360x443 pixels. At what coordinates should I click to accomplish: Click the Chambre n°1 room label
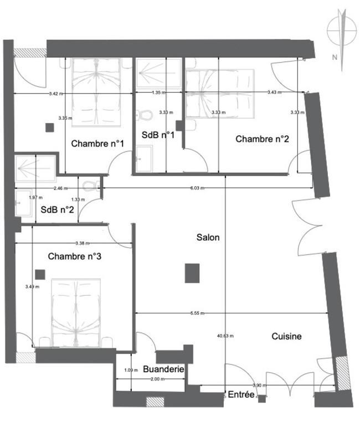pyautogui.click(x=97, y=143)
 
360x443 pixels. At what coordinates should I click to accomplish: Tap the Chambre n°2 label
pyautogui.click(x=262, y=139)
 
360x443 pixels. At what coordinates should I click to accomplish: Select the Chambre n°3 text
pyautogui.click(x=74, y=256)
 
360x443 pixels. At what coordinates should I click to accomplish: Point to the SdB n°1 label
pyautogui.click(x=158, y=135)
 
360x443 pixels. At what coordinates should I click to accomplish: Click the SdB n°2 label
pyautogui.click(x=58, y=210)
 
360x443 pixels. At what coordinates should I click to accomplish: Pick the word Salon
pyautogui.click(x=208, y=238)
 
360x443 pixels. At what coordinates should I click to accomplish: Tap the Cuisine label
pyautogui.click(x=286, y=336)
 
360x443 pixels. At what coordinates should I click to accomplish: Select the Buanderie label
pyautogui.click(x=163, y=368)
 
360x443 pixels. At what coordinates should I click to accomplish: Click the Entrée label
pyautogui.click(x=241, y=395)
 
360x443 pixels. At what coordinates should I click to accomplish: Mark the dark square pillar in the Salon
pyautogui.click(x=192, y=273)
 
